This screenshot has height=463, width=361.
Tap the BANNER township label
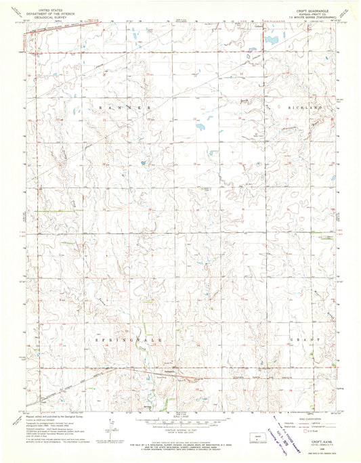123,108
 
